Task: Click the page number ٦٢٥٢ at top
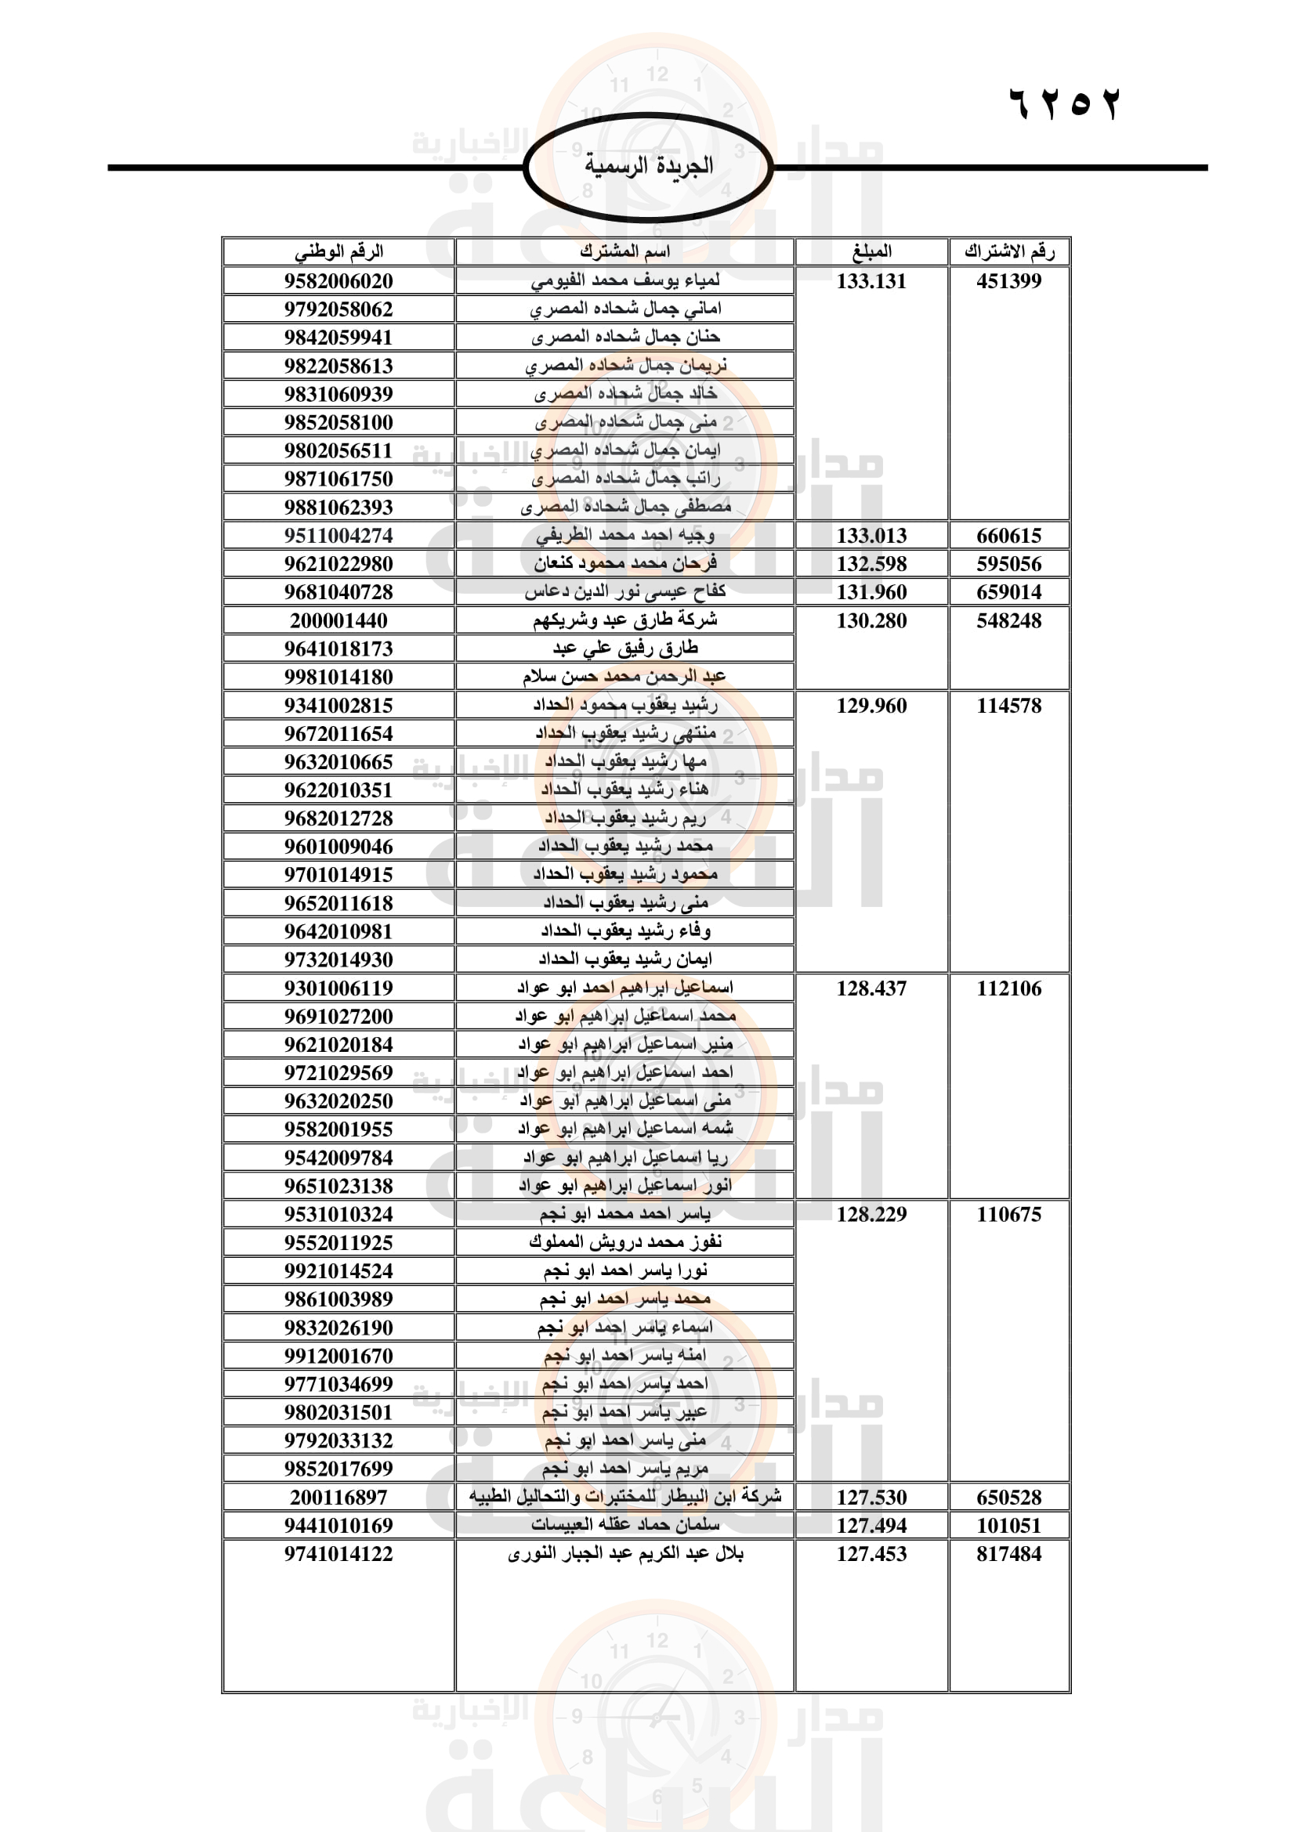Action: [x=1065, y=104]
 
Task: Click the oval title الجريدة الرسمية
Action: [x=648, y=167]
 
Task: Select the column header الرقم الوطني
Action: [x=338, y=252]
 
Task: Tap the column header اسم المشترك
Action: [x=624, y=252]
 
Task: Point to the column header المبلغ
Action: [x=871, y=252]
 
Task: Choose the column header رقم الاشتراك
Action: [x=1008, y=252]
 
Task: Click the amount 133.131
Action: [x=871, y=281]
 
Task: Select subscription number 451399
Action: [x=1008, y=281]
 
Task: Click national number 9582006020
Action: [x=338, y=281]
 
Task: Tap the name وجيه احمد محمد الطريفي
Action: [x=624, y=536]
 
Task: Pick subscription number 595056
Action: [x=1008, y=564]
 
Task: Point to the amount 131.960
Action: [x=871, y=592]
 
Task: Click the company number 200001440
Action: [x=338, y=621]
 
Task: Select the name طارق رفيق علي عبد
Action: [x=624, y=649]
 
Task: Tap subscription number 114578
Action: [x=1008, y=706]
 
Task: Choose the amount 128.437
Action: [x=871, y=988]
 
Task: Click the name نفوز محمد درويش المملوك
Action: [x=624, y=1242]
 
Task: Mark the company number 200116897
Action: [x=338, y=1498]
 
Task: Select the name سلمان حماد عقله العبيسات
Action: [x=624, y=1526]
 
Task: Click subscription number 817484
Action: [x=1008, y=1553]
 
